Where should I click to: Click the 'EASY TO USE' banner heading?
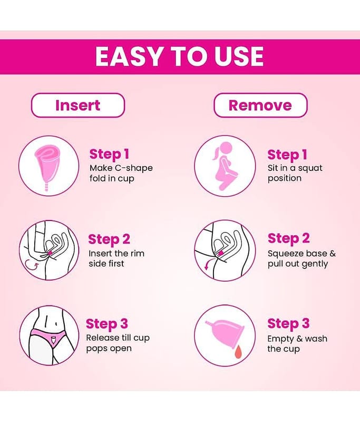pyautogui.click(x=179, y=56)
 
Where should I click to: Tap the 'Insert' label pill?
pyautogui.click(x=78, y=105)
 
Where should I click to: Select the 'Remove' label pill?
pyautogui.click(x=260, y=105)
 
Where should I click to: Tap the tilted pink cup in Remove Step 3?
pyautogui.click(x=226, y=333)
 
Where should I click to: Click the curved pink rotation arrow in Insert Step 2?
pyautogui.click(x=31, y=265)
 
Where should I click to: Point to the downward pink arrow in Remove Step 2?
pyautogui.click(x=207, y=265)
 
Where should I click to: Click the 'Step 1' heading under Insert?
pyautogui.click(x=109, y=154)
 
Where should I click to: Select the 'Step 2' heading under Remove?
pyautogui.click(x=288, y=239)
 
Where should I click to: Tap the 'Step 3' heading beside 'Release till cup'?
pyautogui.click(x=107, y=324)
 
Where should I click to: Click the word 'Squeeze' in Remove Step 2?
pyautogui.click(x=286, y=254)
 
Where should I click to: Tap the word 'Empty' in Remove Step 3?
pyautogui.click(x=281, y=339)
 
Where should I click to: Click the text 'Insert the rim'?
pyautogui.click(x=116, y=254)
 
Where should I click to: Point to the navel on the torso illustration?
pyautogui.click(x=56, y=323)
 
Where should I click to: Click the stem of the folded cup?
pyautogui.click(x=46, y=185)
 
